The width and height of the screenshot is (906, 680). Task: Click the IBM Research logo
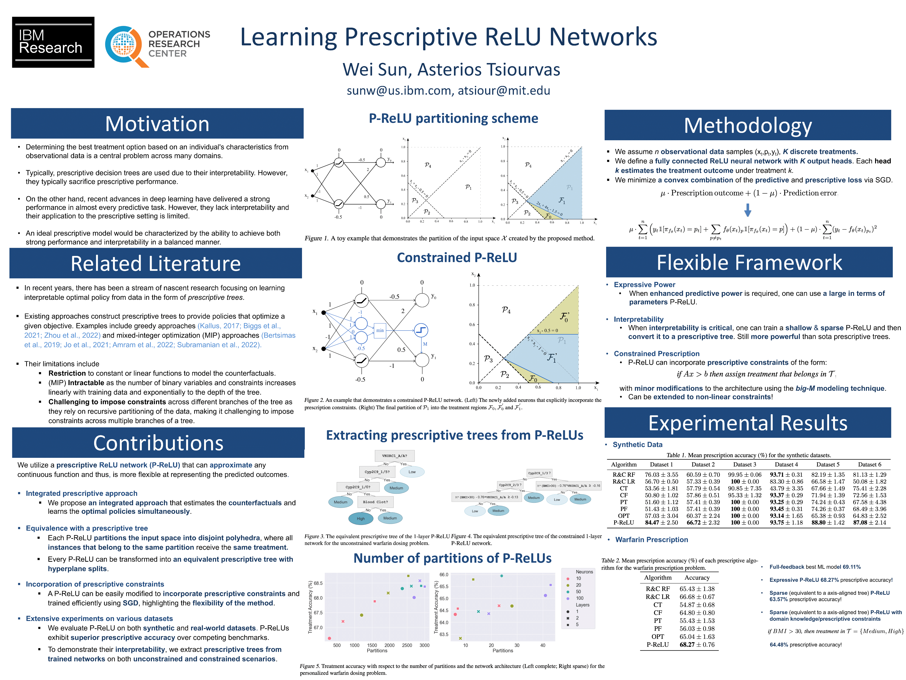[53, 42]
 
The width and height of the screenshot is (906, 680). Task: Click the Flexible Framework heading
[749, 262]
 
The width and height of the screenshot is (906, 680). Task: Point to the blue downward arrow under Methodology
[747, 210]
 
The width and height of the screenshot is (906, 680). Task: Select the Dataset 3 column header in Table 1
[745, 464]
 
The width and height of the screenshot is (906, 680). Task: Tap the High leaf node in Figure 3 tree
[361, 518]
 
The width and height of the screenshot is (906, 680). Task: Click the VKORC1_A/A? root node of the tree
[394, 455]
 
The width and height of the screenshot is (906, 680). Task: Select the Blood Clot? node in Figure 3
[375, 502]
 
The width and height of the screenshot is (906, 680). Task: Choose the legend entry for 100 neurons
[579, 598]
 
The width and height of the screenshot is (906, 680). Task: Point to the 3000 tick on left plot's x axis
[424, 645]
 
